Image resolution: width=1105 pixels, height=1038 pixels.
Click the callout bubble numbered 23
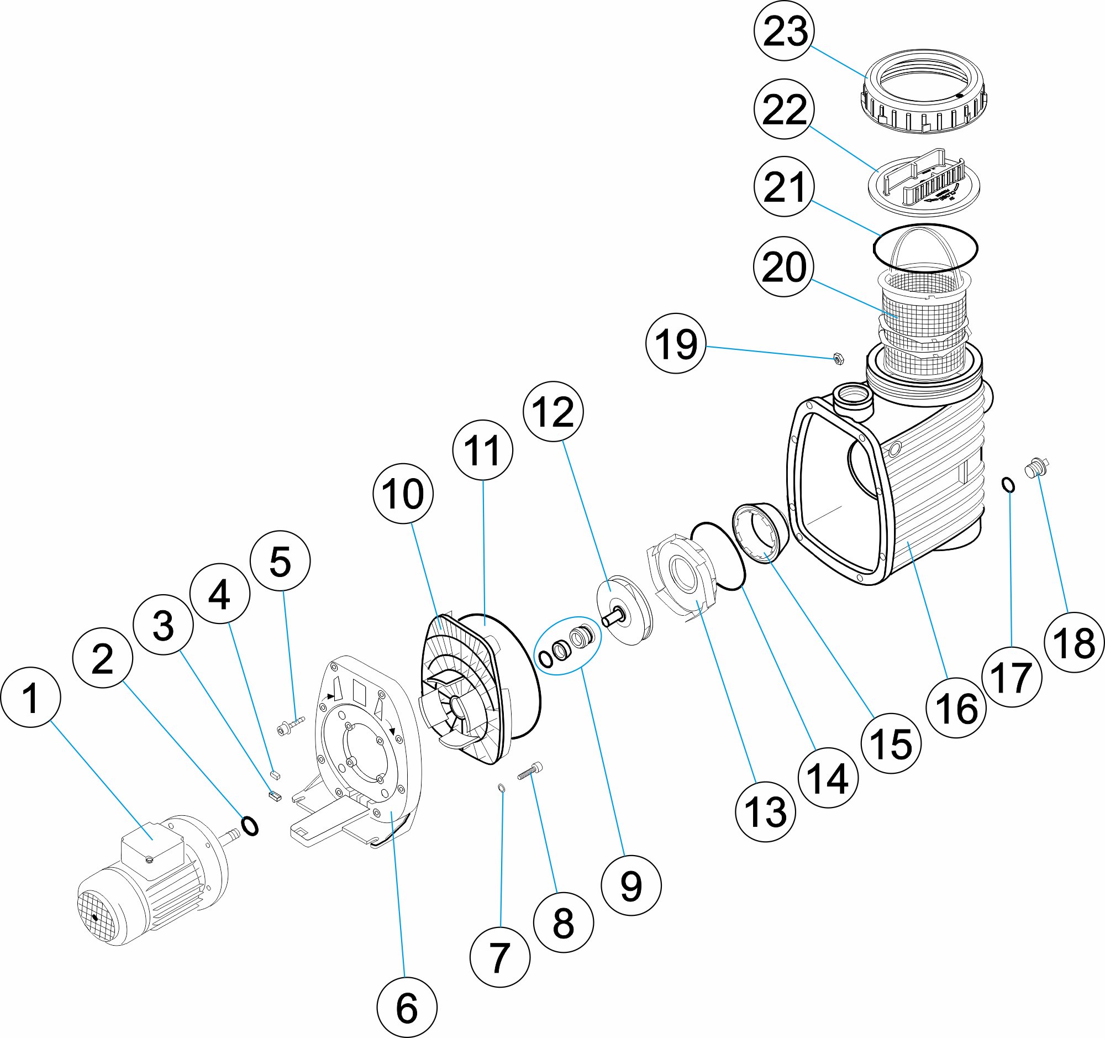785,31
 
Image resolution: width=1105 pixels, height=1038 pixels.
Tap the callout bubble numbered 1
30,697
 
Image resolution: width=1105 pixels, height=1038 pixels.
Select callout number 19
675,344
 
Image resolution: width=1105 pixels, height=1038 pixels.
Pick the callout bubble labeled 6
406,1007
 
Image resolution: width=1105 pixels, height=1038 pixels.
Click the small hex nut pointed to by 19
839,358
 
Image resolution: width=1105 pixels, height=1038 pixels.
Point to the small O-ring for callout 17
1008,485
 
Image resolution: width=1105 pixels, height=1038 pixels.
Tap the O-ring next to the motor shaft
250,826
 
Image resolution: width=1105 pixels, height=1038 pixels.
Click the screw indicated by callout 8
530,771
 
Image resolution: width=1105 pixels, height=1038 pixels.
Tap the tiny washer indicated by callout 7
501,787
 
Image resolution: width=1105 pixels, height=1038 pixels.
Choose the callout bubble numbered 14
828,777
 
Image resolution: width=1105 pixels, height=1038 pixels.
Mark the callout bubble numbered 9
631,885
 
